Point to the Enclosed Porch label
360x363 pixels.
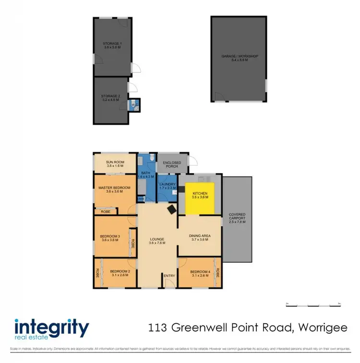[x=172, y=165]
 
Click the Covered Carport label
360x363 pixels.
[x=237, y=217]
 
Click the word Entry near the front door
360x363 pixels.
[x=169, y=276]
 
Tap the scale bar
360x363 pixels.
[x=312, y=304]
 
